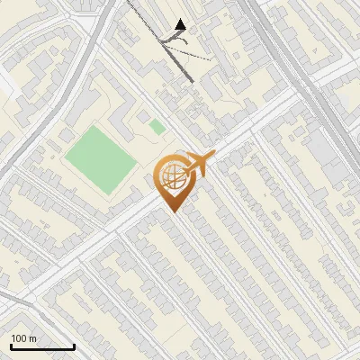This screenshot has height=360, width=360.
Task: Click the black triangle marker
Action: (181, 24)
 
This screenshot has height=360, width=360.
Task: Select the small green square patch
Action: (157, 127)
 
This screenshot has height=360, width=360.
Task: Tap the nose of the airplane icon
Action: (211, 157)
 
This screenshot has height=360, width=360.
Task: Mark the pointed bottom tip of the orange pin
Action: (173, 211)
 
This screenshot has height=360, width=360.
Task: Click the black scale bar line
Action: (41, 346)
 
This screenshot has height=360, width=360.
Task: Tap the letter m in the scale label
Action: (32, 338)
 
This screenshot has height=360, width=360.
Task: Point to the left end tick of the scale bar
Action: (10, 345)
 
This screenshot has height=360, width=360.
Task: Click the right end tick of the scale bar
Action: (74, 345)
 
